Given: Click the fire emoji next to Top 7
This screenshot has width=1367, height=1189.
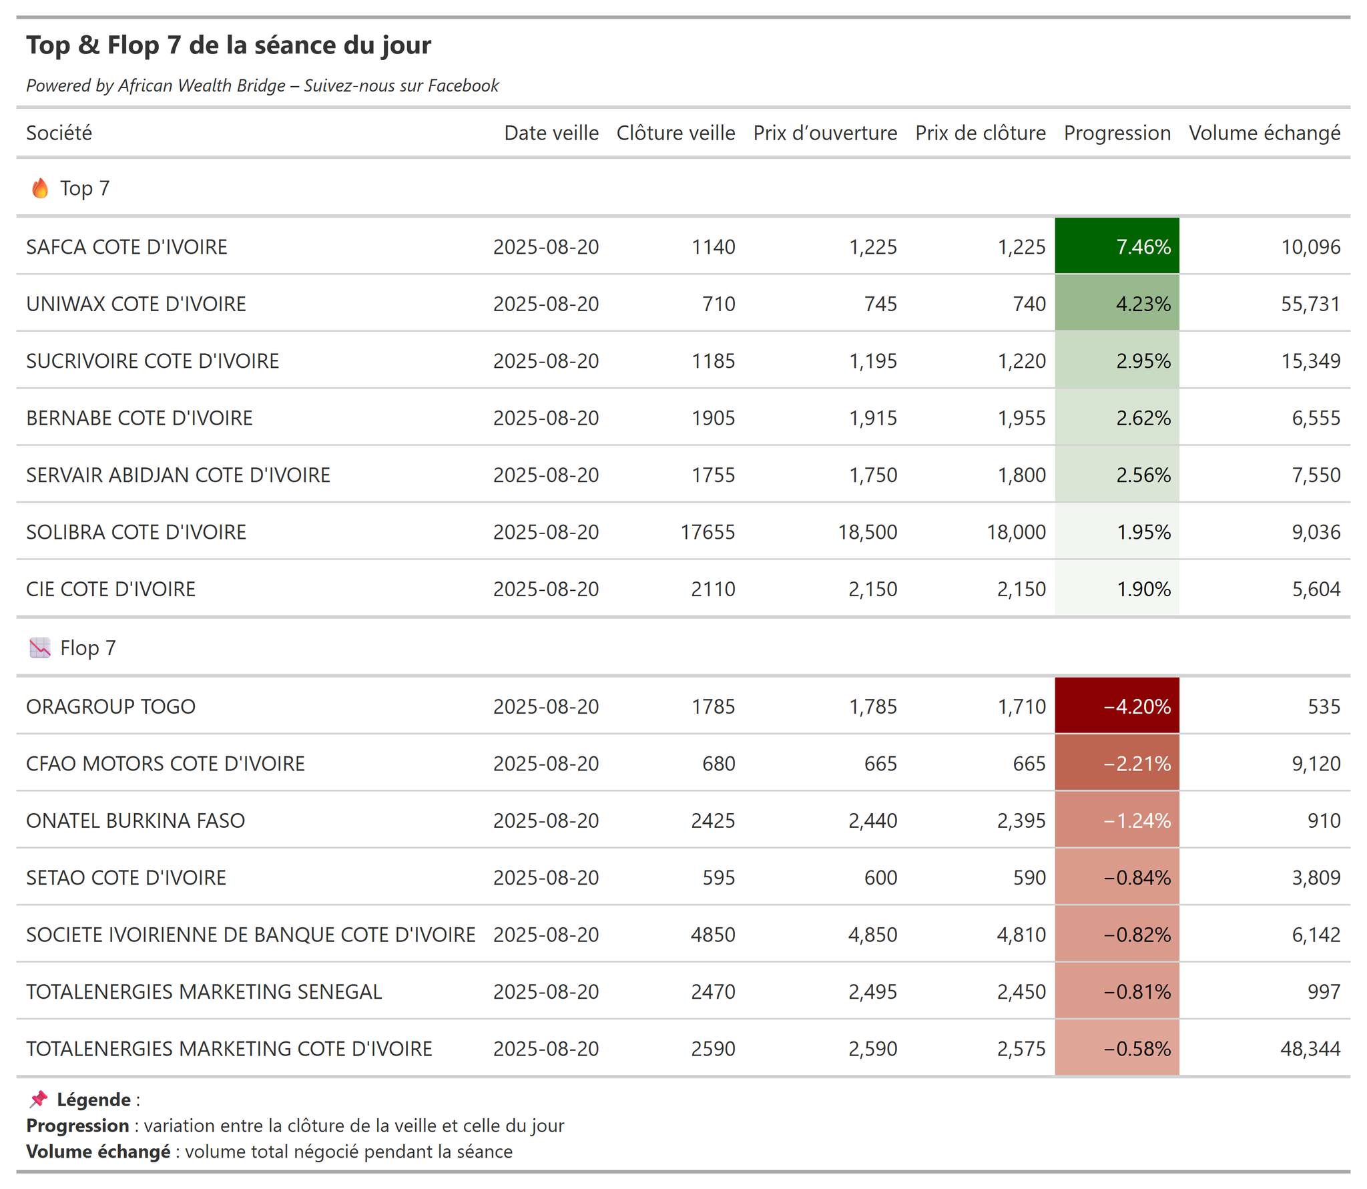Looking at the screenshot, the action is [40, 188].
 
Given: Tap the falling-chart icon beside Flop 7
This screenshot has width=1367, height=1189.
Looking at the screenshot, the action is [40, 648].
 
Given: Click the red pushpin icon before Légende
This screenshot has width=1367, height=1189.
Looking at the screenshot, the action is [39, 1100].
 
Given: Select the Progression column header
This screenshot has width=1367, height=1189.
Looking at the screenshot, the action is [1117, 133].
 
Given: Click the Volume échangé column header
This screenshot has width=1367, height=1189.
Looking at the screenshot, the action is [1264, 133].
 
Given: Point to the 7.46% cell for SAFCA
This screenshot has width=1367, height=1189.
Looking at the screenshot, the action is [1117, 246].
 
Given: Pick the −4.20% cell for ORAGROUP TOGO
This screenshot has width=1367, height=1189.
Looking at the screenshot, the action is [1117, 706].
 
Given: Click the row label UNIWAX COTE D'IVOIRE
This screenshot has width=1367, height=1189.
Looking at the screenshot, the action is [136, 304].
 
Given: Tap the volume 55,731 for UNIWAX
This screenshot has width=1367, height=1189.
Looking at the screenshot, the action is [1310, 304].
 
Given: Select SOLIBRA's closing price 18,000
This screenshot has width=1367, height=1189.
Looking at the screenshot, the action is [1016, 532].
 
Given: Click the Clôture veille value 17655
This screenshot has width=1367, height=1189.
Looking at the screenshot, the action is [708, 532].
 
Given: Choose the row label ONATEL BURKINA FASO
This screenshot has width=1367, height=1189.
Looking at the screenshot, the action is [135, 820].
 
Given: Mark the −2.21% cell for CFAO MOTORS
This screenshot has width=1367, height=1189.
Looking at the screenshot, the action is [1117, 763].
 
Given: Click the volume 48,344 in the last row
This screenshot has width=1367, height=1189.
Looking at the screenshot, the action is [1310, 1049].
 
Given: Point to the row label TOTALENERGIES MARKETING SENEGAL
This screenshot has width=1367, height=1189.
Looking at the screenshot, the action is [204, 991].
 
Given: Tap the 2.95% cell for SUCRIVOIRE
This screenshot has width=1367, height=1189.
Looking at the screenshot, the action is [1117, 361].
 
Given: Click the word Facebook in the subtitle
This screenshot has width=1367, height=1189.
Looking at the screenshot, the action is [463, 85].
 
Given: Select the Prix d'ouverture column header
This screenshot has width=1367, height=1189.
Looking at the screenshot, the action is [825, 133].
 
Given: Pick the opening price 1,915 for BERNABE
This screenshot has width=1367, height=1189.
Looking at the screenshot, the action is [872, 418].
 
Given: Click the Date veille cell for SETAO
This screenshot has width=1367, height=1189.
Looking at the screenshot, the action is [546, 877].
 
